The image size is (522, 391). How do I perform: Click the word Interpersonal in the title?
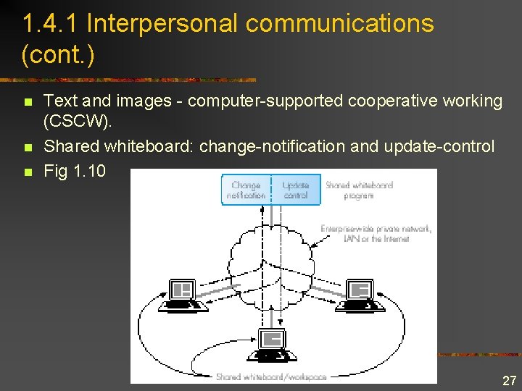(x=162, y=23)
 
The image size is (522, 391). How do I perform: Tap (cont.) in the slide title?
(x=58, y=55)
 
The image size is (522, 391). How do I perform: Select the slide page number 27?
(x=509, y=380)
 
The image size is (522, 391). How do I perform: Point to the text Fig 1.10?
(x=75, y=171)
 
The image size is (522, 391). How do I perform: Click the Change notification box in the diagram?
(x=246, y=190)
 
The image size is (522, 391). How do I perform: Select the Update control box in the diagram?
(x=295, y=190)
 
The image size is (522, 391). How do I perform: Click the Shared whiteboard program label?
(x=359, y=190)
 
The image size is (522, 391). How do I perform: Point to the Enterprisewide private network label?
(x=376, y=233)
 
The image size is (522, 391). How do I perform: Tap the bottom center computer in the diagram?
(x=272, y=344)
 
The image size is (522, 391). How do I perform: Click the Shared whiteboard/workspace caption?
(x=270, y=377)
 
